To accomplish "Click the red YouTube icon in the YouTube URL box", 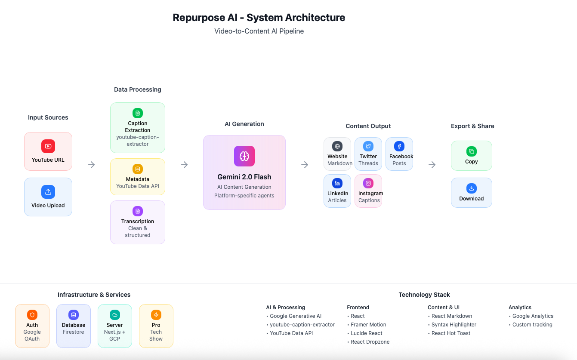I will pyautogui.click(x=48, y=146).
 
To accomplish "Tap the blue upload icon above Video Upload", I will pyautogui.click(x=48, y=191).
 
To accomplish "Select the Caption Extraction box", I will pyautogui.click(x=138, y=128).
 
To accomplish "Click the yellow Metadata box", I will pyautogui.click(x=138, y=177).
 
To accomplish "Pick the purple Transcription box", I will pyautogui.click(x=138, y=222).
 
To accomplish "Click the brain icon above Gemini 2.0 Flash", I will pyautogui.click(x=244, y=156).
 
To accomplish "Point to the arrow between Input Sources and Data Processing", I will pyautogui.click(x=91, y=165).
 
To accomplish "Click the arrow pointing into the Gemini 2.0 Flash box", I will pyautogui.click(x=184, y=165).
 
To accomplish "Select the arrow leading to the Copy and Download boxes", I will pyautogui.click(x=432, y=165).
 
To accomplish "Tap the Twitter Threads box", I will pyautogui.click(x=368, y=154).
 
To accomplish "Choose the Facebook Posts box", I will pyautogui.click(x=399, y=154).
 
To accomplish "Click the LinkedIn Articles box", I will pyautogui.click(x=337, y=191).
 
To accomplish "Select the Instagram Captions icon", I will pyautogui.click(x=368, y=183).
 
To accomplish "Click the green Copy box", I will pyautogui.click(x=472, y=156).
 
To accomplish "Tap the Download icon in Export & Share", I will pyautogui.click(x=472, y=188).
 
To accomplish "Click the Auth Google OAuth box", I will pyautogui.click(x=32, y=326).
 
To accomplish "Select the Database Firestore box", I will pyautogui.click(x=74, y=326).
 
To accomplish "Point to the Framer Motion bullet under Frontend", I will pyautogui.click(x=368, y=325).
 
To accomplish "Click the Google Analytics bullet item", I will pyautogui.click(x=532, y=316).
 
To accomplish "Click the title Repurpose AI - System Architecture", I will pyautogui.click(x=259, y=18).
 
